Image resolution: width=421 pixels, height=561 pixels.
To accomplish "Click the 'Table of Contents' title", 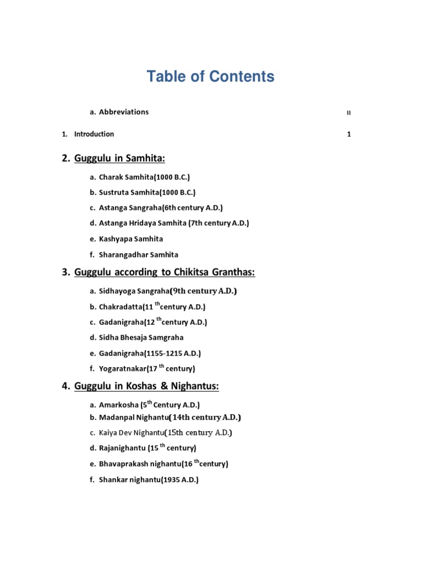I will (x=210, y=77).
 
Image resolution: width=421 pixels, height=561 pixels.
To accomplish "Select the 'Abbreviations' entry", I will (x=123, y=112).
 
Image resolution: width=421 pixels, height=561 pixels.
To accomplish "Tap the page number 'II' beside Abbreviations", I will (x=349, y=113).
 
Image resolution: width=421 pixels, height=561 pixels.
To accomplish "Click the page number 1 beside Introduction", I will (x=349, y=134).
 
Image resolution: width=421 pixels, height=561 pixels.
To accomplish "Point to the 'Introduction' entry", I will (x=94, y=134).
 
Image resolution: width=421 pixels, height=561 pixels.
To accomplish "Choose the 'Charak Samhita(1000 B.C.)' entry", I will (x=144, y=177).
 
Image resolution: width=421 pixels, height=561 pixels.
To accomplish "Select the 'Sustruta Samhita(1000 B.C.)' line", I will (x=147, y=192).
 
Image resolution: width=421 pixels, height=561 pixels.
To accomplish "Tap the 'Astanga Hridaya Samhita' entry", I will (x=174, y=224).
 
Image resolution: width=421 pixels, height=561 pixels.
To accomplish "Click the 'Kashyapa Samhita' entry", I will (x=130, y=239).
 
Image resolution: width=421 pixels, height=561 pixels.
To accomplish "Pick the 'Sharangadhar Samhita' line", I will (x=138, y=255).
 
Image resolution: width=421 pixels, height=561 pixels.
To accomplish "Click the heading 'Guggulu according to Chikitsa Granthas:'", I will (x=164, y=272).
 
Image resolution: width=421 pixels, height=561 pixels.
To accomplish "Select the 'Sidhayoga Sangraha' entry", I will (x=168, y=291).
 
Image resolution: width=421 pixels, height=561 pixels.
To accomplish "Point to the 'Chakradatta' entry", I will (x=152, y=307).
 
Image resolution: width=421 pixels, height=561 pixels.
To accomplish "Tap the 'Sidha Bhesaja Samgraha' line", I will (x=141, y=337).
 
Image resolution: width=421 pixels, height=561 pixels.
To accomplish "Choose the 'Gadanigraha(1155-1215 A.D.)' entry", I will (x=153, y=353).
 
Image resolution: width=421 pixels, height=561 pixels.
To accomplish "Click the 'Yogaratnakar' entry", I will (x=146, y=369).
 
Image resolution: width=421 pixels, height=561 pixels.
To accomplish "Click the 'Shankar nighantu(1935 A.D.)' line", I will (x=149, y=480).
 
